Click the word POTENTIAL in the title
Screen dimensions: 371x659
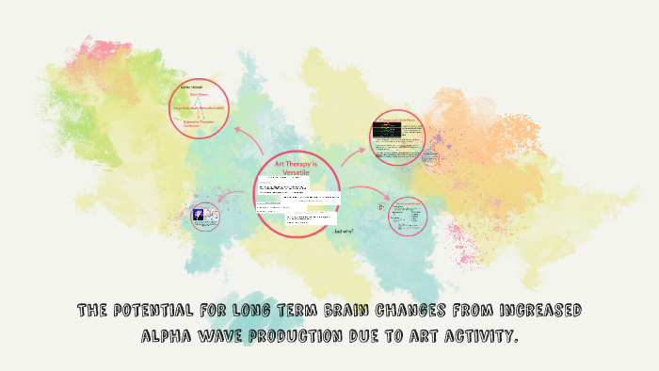(155, 311)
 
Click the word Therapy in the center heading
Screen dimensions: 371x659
(301, 164)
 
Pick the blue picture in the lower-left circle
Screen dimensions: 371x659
(200, 216)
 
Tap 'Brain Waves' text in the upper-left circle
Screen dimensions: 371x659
(200, 94)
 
